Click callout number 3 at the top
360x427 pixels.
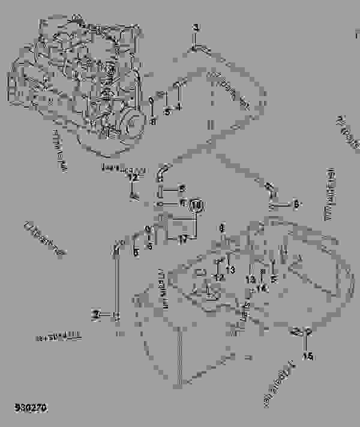(194, 28)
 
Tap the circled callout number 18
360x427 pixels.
(196, 205)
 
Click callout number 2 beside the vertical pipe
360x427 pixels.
(94, 314)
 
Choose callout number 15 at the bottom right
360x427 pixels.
(308, 356)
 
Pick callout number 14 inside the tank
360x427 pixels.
(262, 288)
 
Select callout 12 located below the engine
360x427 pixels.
(133, 178)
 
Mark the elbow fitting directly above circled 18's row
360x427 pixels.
(162, 172)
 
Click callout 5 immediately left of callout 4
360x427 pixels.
(167, 111)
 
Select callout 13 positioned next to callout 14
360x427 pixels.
(249, 279)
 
